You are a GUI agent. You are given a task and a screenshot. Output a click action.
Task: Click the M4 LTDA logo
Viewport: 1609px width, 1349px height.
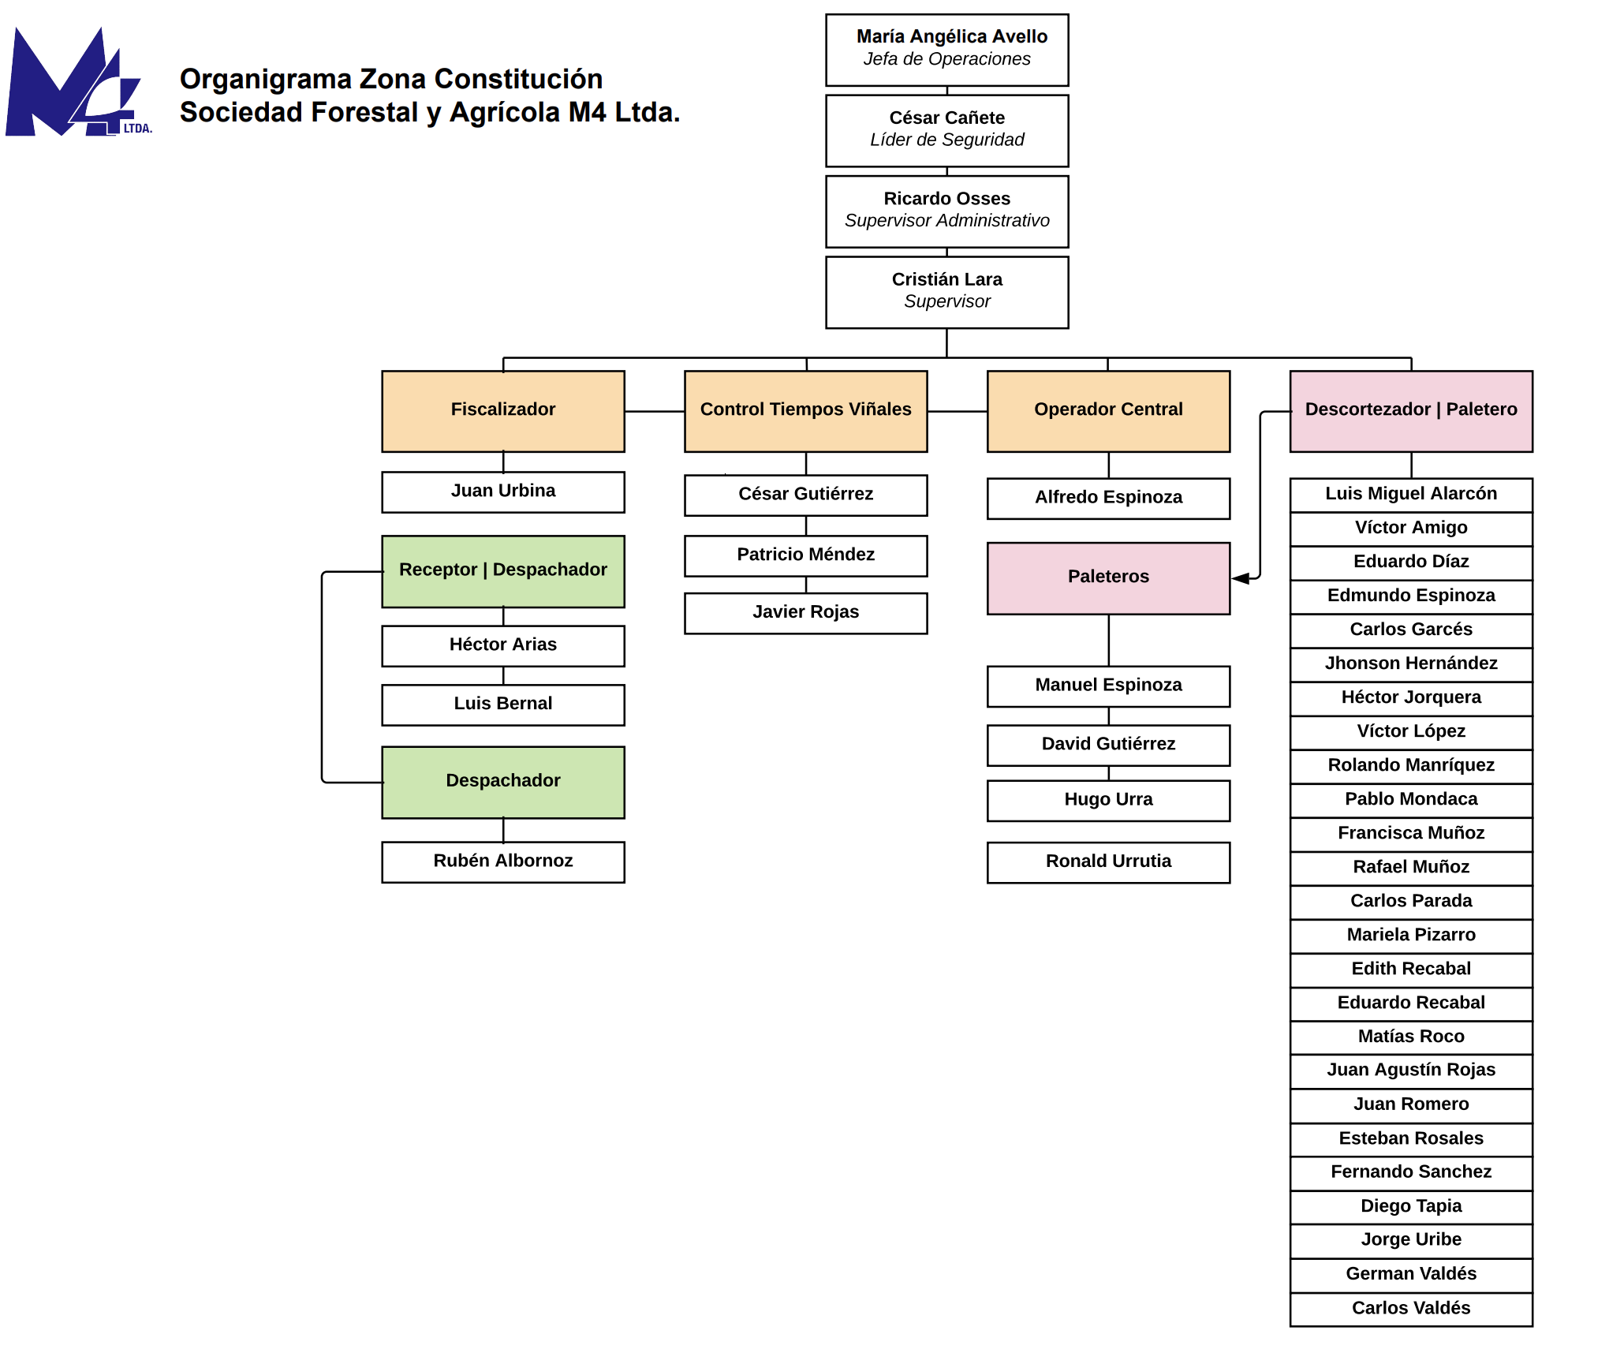(79, 82)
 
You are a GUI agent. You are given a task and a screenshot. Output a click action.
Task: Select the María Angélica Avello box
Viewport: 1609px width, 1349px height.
(947, 50)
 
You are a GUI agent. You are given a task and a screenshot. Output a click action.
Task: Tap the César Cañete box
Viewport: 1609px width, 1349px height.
(947, 131)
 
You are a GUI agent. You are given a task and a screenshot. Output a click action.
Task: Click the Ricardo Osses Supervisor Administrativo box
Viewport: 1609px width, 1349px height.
(947, 211)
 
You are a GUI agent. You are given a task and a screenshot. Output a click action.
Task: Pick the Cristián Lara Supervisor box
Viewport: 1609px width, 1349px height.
(947, 292)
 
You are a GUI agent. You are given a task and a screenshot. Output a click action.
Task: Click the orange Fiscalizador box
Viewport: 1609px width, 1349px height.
(503, 411)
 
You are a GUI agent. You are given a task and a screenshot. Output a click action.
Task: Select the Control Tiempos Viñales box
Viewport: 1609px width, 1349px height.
(806, 411)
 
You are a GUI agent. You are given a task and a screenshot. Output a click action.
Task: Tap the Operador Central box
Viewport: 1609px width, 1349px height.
(1109, 411)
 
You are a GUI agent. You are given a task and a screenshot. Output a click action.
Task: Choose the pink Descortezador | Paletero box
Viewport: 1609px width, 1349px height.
(1412, 411)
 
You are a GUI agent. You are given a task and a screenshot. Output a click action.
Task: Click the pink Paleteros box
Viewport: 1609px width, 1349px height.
(1109, 578)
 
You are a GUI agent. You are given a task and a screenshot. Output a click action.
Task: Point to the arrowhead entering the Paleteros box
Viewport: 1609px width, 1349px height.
(1240, 578)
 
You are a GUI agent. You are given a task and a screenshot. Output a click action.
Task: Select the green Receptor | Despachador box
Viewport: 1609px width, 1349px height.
(503, 571)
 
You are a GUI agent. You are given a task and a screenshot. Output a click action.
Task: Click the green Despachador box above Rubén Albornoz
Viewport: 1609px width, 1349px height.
(503, 782)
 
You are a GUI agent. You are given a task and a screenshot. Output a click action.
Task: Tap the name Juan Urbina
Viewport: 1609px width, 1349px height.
(503, 491)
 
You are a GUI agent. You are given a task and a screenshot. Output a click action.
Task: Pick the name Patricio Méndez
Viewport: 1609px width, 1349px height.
(806, 555)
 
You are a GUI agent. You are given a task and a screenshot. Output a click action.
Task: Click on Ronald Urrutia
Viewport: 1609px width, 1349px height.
(1109, 861)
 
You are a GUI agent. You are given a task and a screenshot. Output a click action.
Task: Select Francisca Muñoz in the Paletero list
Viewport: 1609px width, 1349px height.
(1412, 833)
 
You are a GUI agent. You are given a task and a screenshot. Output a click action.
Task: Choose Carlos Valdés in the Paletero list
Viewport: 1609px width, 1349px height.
(1412, 1308)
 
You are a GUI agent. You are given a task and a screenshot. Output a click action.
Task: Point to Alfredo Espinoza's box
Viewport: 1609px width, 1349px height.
(1109, 498)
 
